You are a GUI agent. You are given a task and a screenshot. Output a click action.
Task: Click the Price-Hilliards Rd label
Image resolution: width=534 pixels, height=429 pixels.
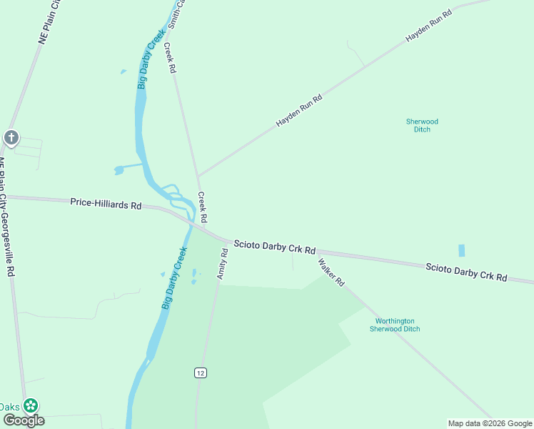click(106, 203)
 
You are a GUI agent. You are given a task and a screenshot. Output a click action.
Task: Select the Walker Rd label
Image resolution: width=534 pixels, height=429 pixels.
click(331, 272)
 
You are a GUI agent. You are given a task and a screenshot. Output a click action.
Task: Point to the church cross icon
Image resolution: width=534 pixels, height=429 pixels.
click(11, 137)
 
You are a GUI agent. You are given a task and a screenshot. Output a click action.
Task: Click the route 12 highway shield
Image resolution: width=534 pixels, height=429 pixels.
click(200, 373)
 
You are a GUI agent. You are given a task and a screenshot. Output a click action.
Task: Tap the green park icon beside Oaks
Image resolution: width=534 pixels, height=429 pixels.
click(31, 406)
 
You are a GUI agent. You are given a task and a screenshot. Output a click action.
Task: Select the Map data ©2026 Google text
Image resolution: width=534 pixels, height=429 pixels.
click(489, 423)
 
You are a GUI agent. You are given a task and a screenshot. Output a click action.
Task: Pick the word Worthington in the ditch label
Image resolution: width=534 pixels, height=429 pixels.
click(395, 321)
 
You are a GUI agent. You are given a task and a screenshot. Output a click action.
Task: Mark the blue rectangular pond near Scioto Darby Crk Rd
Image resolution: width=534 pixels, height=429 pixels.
click(461, 251)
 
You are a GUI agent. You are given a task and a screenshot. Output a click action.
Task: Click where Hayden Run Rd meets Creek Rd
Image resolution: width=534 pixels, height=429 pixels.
click(198, 175)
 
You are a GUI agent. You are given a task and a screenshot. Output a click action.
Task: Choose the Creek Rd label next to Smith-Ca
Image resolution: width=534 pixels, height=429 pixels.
click(169, 59)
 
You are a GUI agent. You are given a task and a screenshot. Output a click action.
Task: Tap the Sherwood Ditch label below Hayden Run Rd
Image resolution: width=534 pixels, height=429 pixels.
click(422, 125)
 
